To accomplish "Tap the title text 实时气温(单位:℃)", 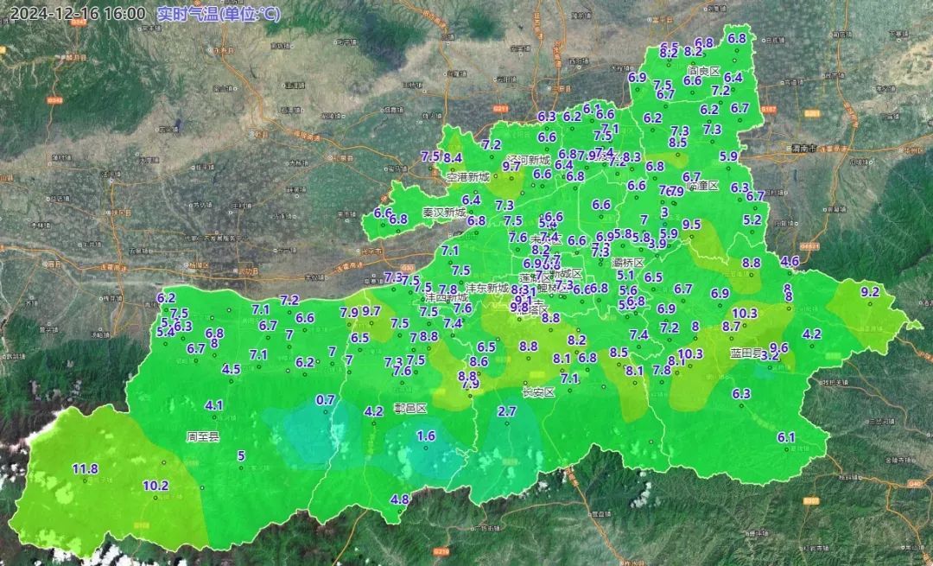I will (x=219, y=14).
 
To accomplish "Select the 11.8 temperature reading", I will (x=85, y=469).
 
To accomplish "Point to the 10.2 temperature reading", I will (x=155, y=486).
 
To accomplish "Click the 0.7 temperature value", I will (x=326, y=400).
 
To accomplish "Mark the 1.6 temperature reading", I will (x=426, y=436).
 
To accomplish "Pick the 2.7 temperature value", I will (x=507, y=412).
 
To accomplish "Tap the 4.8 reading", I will (x=400, y=499).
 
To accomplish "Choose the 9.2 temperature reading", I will (x=870, y=292).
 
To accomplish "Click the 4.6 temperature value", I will (x=790, y=261).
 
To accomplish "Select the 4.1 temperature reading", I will (x=214, y=405).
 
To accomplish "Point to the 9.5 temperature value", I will (x=691, y=225).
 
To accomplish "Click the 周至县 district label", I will (x=203, y=437).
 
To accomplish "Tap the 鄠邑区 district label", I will (x=410, y=409).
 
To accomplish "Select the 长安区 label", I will (x=537, y=391).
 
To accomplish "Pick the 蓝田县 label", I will (x=746, y=353).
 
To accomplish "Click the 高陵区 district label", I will (x=703, y=71).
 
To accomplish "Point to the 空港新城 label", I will (x=467, y=177).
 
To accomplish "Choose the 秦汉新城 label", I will (x=443, y=213).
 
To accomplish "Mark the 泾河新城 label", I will (x=529, y=160).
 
